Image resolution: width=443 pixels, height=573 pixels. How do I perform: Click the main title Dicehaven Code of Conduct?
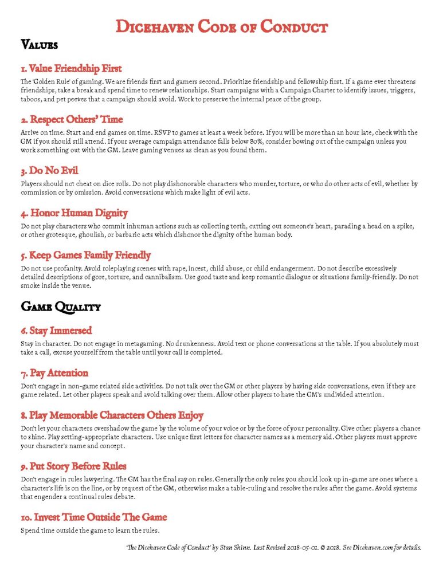221,26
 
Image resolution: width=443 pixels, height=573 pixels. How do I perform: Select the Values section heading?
39,44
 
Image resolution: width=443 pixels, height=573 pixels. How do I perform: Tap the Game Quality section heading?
61,307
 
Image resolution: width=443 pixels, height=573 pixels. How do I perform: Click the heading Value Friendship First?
71,69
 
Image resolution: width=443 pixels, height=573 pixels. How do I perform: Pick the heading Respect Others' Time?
72,120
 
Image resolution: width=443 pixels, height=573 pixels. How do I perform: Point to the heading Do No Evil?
49,171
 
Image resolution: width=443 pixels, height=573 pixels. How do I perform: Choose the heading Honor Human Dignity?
74,213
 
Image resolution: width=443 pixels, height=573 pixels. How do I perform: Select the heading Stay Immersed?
56,331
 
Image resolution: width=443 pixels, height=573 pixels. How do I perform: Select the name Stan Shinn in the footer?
232,548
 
